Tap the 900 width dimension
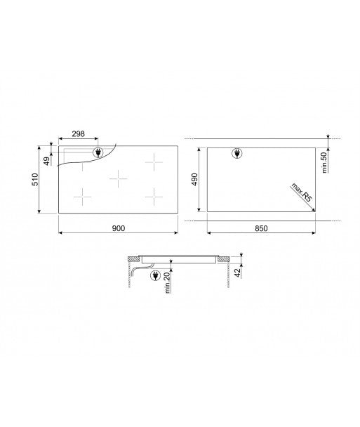pos(118,228)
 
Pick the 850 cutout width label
pos(260,228)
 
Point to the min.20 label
pos(169,284)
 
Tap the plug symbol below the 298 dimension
pos(99,152)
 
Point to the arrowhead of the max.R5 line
pos(312,208)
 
